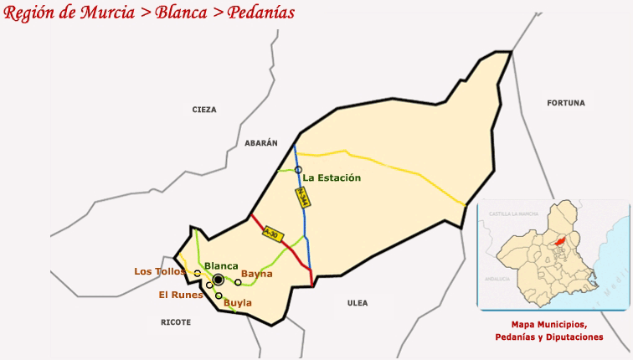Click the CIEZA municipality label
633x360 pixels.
(x=203, y=110)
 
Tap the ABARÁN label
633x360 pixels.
(x=260, y=143)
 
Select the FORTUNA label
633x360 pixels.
(x=566, y=103)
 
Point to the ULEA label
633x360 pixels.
(x=358, y=303)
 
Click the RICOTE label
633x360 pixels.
(x=176, y=321)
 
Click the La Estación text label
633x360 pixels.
(x=332, y=177)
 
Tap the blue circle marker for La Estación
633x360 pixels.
(x=297, y=170)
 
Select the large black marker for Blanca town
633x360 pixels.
(x=219, y=280)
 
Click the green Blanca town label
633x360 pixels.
(x=221, y=265)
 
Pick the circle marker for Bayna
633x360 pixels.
(x=238, y=282)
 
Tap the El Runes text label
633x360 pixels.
(x=180, y=295)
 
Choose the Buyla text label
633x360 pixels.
(x=238, y=302)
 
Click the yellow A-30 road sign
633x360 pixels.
(x=271, y=234)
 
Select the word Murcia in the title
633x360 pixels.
(x=104, y=13)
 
